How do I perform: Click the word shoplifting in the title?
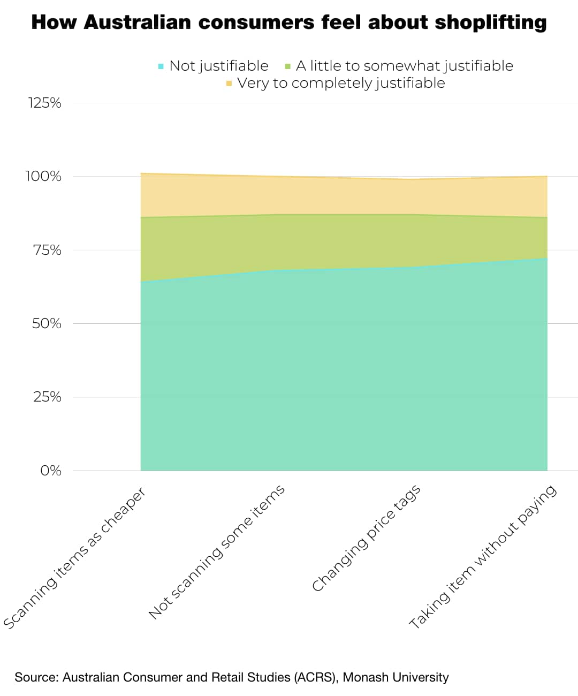[491, 22]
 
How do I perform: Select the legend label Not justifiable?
[218, 66]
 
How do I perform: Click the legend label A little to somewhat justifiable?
[404, 66]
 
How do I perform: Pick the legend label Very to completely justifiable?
[341, 83]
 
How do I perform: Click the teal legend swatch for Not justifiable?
[161, 66]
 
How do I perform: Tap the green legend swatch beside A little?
[287, 66]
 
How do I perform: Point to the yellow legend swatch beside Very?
[229, 84]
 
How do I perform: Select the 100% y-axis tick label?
[43, 177]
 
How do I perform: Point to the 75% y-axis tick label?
[46, 251]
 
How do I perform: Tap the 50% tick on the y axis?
[46, 324]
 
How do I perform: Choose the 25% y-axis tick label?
[47, 397]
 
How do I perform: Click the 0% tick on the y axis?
[50, 471]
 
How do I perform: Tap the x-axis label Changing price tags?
[366, 539]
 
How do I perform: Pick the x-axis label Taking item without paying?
[483, 557]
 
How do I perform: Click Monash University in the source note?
[396, 677]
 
